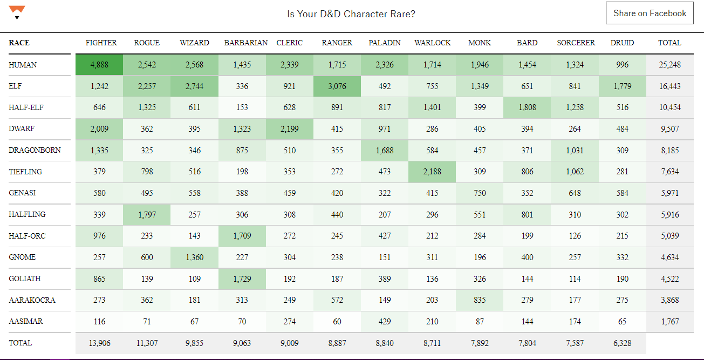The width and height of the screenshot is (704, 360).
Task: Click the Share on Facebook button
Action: [650, 13]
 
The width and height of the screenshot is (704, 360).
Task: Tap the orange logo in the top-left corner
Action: [17, 11]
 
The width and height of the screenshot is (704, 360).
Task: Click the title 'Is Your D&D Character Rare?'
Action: [351, 14]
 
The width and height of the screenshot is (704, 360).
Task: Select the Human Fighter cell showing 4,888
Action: [99, 65]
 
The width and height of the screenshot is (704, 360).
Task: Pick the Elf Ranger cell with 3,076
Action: [337, 86]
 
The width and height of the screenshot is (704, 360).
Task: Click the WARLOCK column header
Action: [432, 43]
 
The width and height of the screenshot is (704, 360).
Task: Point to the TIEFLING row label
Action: [25, 172]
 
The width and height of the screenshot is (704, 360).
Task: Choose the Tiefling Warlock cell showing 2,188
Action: [432, 172]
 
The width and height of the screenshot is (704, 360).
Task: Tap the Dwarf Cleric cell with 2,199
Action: [290, 129]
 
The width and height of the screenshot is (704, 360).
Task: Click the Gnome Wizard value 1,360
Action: [194, 257]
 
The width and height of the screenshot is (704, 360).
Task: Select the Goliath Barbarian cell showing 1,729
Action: [242, 279]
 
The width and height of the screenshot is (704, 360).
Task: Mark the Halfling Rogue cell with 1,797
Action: [147, 215]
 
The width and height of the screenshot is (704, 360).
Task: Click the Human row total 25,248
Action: [669, 65]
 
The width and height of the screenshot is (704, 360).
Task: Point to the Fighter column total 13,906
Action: [99, 343]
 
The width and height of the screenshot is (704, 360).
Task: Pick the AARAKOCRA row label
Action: [32, 300]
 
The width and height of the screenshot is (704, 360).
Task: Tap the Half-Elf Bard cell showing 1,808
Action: [527, 107]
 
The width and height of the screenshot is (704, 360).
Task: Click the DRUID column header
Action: [622, 43]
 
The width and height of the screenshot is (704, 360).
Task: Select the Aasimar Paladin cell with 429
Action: [385, 322]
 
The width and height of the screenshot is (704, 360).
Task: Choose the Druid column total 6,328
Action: [622, 343]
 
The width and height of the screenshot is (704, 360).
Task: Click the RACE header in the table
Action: [19, 43]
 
